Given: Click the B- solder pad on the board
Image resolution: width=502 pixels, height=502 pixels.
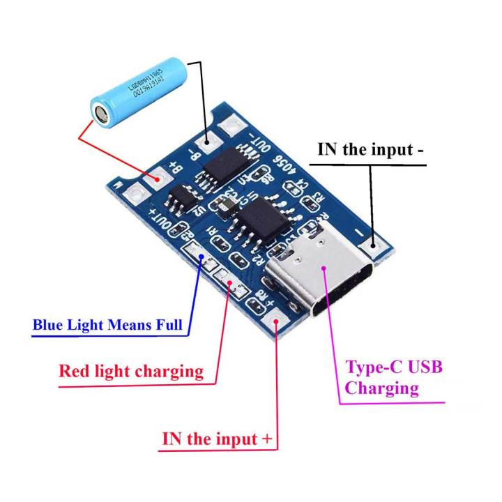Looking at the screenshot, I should tap(207, 142).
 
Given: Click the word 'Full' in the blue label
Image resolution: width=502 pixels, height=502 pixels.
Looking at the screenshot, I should tap(167, 325).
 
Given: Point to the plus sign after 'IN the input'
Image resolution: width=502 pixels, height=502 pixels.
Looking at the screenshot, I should tap(266, 439).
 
